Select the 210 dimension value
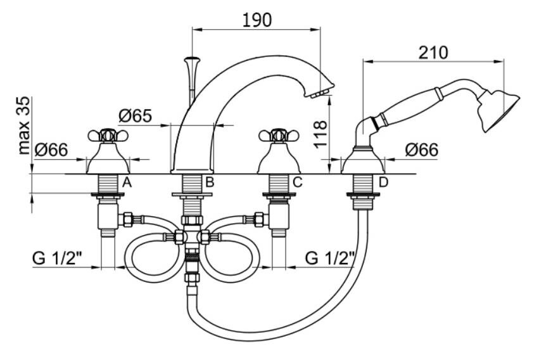(x=433, y=53)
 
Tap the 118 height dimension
(x=320, y=134)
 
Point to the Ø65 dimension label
(x=135, y=115)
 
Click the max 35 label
(x=23, y=125)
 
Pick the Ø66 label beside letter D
(x=421, y=150)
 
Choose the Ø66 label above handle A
(x=51, y=150)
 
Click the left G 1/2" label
(x=58, y=258)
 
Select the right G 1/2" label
(x=329, y=258)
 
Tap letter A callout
(x=127, y=183)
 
